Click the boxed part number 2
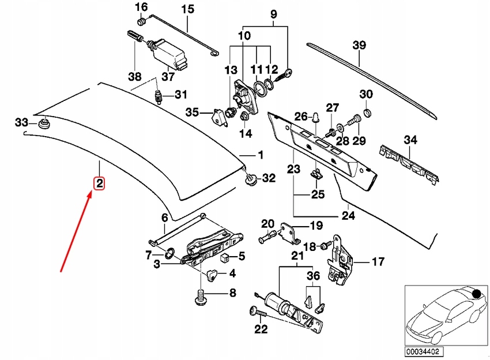click(x=99, y=184)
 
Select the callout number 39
click(x=359, y=46)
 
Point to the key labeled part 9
click(x=287, y=74)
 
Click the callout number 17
click(x=378, y=262)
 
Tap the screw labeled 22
click(x=257, y=313)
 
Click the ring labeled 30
click(x=367, y=111)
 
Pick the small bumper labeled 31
click(x=157, y=95)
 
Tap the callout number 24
click(x=349, y=216)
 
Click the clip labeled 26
click(x=316, y=118)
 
